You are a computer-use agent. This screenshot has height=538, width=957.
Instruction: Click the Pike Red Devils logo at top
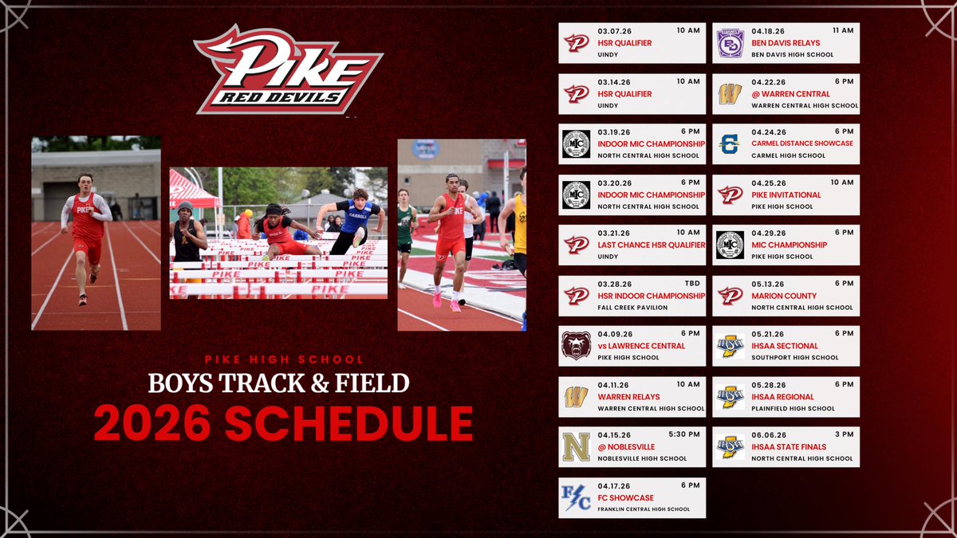(288, 70)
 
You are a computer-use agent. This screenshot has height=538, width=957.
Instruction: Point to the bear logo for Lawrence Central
(577, 346)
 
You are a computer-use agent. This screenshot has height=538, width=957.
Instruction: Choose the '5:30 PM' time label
(685, 434)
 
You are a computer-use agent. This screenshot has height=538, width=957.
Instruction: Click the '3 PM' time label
(843, 434)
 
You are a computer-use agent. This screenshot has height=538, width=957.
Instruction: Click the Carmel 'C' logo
(730, 143)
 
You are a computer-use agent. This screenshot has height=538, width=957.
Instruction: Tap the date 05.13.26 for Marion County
(768, 283)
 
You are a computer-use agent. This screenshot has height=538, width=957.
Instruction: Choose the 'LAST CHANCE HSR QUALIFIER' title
(652, 245)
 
